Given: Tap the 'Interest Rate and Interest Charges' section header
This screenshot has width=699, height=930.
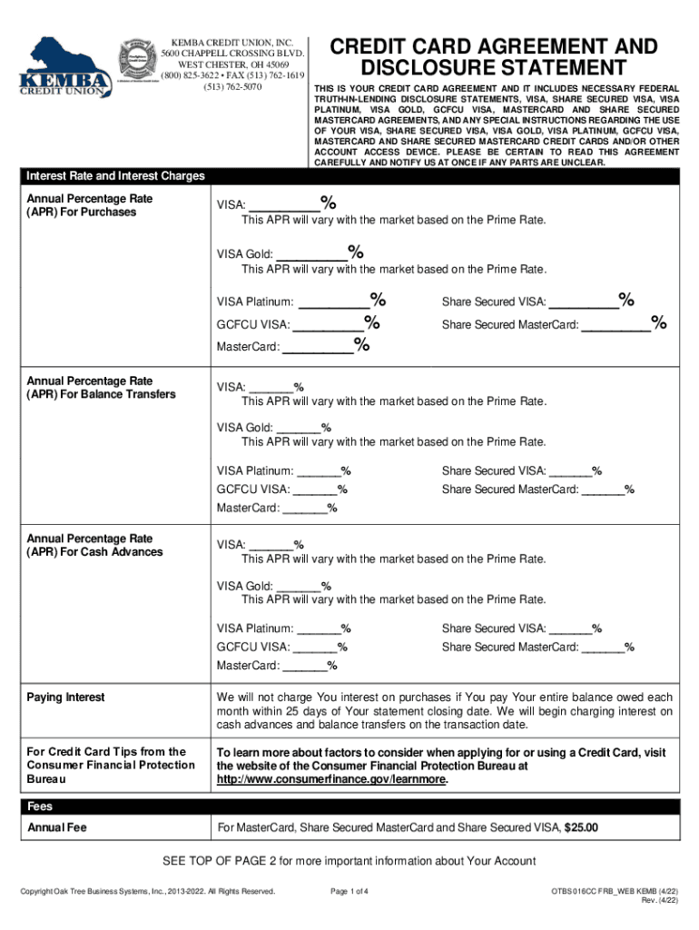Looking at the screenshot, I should coord(116,176).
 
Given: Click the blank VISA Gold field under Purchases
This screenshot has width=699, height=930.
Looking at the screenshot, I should coord(310,255).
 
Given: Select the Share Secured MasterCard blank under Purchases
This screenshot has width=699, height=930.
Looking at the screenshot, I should coord(615,324).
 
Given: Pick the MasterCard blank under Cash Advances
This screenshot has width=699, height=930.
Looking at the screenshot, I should coord(305,667).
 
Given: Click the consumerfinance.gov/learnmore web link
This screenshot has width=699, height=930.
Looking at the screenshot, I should coord(331,779).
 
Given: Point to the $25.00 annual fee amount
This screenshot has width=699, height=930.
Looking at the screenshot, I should coord(581,827).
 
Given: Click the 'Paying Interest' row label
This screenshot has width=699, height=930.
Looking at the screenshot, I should coord(65,697).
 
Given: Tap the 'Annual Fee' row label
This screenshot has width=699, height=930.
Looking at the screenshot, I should coord(57,827).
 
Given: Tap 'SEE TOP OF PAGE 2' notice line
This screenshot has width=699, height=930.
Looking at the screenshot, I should coord(349,861).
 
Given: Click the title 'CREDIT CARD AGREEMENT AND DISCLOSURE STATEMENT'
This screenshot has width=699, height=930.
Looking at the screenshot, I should coord(494,56).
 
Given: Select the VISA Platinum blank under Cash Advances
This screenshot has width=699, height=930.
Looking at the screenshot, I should coord(319,628).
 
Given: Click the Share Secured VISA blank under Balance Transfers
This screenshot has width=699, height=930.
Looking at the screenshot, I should coord(570,470).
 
